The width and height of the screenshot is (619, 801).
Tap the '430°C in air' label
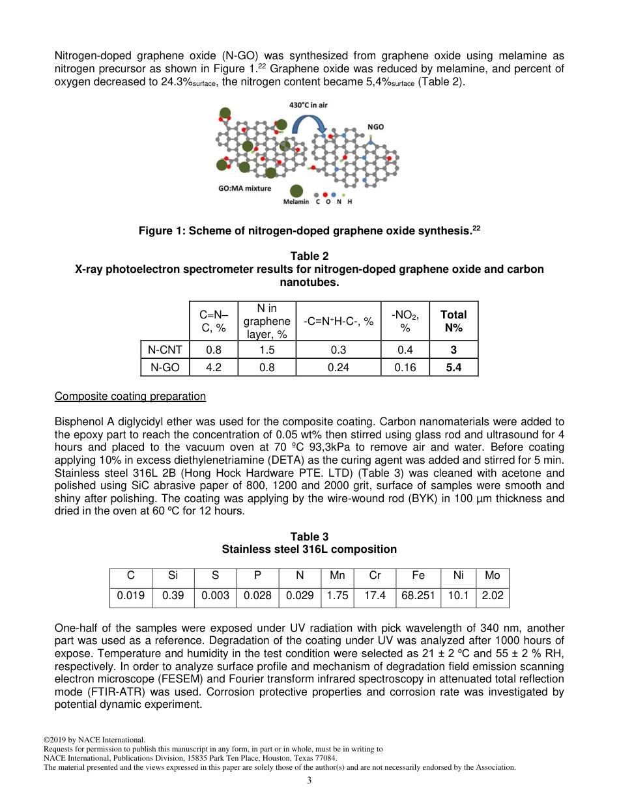point(308,105)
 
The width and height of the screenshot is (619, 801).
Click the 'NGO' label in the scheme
point(375,127)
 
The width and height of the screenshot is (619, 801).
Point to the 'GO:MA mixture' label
point(244,188)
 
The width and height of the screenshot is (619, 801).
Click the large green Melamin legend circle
point(296,191)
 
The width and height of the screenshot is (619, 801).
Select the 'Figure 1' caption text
point(309,231)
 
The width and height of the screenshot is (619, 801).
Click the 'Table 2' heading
point(309,257)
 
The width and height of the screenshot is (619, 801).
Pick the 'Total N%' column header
point(453,320)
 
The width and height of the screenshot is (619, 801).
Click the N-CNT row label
point(165,350)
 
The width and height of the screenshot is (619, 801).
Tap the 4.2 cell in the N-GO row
point(213,367)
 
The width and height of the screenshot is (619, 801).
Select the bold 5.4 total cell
point(453,367)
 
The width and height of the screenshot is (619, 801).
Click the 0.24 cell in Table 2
point(338,367)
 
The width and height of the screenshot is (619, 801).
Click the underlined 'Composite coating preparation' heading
point(130,397)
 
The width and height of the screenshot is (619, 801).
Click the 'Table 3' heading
point(309,537)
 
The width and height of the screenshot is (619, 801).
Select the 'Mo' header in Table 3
point(492,575)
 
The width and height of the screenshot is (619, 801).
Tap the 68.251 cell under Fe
point(418,595)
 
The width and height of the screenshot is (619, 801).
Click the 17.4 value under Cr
point(375,595)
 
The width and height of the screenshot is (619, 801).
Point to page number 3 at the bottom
point(309,781)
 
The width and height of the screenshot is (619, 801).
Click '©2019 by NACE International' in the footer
point(94,740)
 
